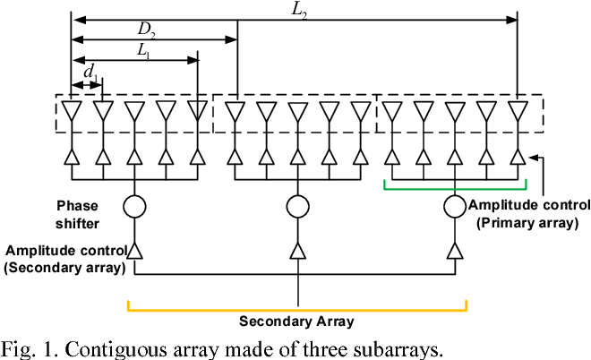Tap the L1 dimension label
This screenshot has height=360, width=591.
click(x=143, y=51)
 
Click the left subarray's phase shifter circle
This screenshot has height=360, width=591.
click(x=134, y=207)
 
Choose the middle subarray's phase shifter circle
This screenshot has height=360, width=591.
click(x=297, y=207)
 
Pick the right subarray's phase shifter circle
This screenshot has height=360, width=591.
click(x=455, y=207)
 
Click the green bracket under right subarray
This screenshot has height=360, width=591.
click(x=454, y=186)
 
